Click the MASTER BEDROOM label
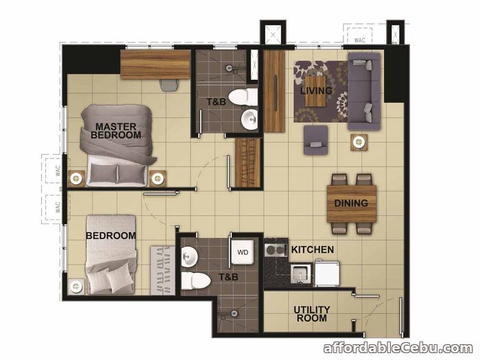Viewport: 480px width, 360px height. [x=116, y=131]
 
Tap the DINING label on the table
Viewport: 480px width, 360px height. [x=351, y=203]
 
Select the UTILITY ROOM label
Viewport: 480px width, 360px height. [x=311, y=314]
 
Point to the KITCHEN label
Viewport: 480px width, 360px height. [x=312, y=250]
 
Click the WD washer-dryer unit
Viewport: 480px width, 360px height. [x=243, y=252]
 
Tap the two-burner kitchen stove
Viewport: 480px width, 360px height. [x=276, y=250]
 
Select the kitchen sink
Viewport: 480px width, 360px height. [x=300, y=273]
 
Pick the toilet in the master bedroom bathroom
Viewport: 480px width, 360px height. [x=243, y=97]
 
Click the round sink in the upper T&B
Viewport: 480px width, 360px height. [x=250, y=120]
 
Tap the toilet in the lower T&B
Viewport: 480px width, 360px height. [x=195, y=280]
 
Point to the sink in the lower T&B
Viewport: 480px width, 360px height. [x=189, y=256]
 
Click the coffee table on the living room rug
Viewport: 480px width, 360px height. [x=315, y=91]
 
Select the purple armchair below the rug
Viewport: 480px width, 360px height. [x=315, y=140]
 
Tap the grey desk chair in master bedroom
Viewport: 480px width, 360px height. [x=169, y=85]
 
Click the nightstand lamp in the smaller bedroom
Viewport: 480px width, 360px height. [x=76, y=287]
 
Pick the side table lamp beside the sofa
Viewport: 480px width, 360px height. [x=359, y=142]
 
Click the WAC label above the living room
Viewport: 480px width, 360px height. [x=360, y=40]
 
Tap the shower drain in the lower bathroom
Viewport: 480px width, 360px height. [x=235, y=313]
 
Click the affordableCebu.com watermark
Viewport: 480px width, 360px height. [x=398, y=348]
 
